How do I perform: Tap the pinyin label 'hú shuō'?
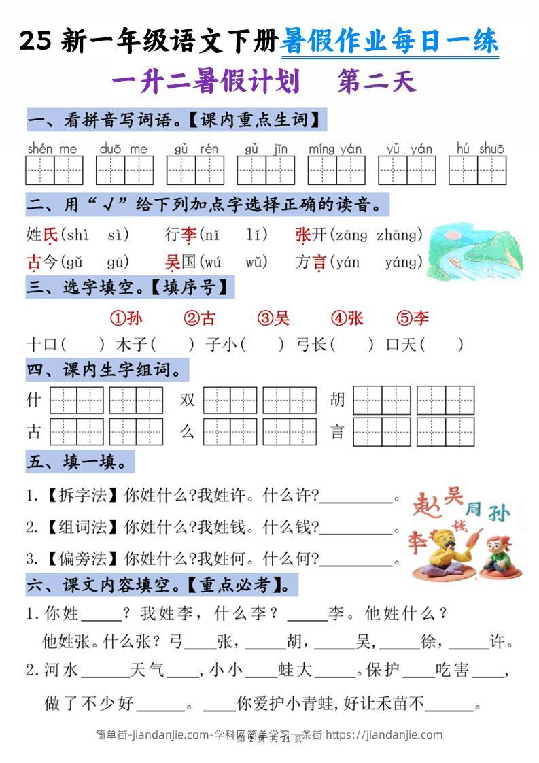(x=481, y=148)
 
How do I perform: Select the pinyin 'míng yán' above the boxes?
(x=335, y=148)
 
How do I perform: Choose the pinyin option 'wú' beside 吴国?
(x=213, y=262)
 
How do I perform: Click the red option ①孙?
(x=126, y=318)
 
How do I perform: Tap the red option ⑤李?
(x=413, y=318)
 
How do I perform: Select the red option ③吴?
(x=273, y=318)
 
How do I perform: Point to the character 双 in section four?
(x=188, y=399)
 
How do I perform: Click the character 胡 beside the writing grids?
(x=338, y=399)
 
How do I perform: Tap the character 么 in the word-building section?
(x=188, y=431)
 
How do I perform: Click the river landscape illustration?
(x=475, y=252)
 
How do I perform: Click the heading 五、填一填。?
(x=80, y=463)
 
